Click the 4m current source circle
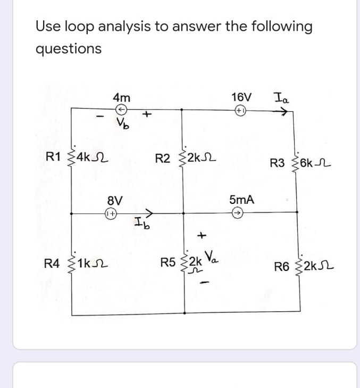tap(121, 110)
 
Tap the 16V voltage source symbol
tap(241, 111)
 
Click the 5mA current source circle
tap(240, 212)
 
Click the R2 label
tap(163, 158)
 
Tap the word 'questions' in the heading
tap(68, 48)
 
